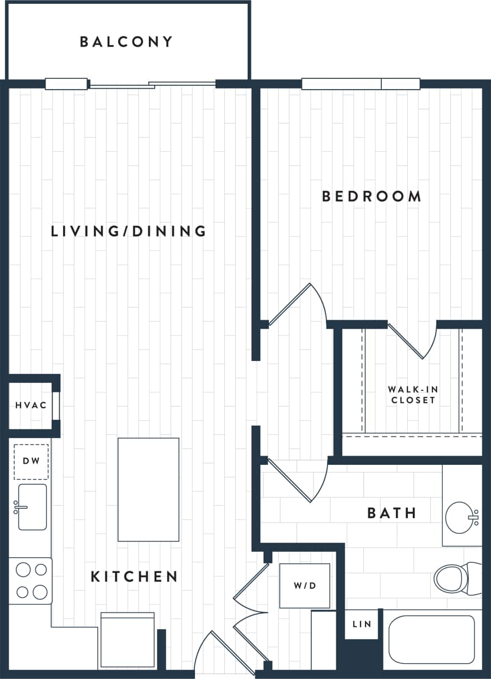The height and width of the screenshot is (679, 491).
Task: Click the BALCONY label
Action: click(126, 42)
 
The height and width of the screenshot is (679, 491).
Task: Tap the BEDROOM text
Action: click(372, 196)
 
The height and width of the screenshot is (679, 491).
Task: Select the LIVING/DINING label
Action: click(129, 231)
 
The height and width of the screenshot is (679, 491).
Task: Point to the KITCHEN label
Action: click(134, 576)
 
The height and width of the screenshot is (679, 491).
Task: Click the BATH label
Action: click(392, 513)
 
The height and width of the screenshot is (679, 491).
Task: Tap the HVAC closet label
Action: click(30, 406)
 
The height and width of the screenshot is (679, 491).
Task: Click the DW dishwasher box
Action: click(31, 462)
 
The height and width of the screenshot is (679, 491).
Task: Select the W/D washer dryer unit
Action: click(304, 585)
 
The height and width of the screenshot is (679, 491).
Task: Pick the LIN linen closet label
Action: click(362, 624)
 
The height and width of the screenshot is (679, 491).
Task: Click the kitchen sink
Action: click(32, 507)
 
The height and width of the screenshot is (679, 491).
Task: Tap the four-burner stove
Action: click(31, 581)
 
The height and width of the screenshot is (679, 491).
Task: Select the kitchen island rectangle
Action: click(148, 489)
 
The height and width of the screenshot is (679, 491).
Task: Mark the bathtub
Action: click(431, 639)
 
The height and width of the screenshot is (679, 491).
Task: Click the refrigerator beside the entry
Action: click(128, 640)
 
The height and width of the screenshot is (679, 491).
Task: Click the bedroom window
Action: click(361, 84)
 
